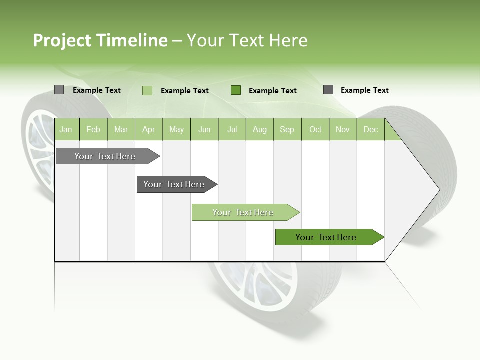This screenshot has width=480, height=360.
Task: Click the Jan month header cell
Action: (66, 129)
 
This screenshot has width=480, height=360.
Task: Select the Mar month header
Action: (121, 129)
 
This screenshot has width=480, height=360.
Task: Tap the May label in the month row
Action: (176, 129)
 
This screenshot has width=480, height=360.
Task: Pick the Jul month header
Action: (232, 129)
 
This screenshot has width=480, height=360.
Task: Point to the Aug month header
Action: (259, 129)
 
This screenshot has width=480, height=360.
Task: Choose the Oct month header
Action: (315, 129)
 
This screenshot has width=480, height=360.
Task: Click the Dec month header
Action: (370, 129)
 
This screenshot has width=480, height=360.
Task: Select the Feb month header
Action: (93, 129)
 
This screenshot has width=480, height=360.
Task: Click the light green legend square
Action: (147, 90)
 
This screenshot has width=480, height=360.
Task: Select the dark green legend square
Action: (236, 90)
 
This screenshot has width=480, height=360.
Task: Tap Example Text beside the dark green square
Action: (273, 91)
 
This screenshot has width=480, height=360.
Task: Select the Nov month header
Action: (343, 129)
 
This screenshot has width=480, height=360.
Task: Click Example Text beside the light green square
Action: (185, 91)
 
